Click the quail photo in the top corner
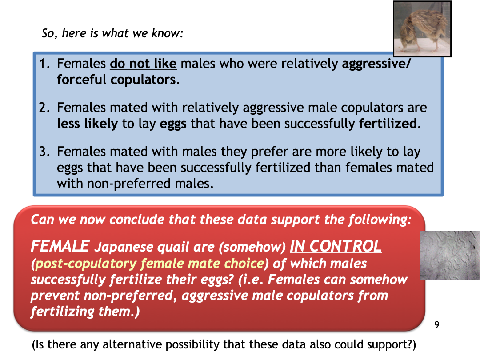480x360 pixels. tap(422, 29)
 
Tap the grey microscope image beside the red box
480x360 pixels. tap(450, 255)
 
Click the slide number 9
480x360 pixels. tap(437, 324)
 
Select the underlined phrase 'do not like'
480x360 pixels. tap(143, 64)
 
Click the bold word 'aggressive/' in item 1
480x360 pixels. tap(376, 64)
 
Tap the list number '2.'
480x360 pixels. tap(45, 108)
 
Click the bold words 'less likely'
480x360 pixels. tap(88, 124)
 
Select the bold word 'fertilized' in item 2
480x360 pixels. tap(388, 124)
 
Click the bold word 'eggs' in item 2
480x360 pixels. tap(173, 125)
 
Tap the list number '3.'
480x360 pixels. tap(45, 152)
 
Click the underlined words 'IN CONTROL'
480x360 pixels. tap(336, 246)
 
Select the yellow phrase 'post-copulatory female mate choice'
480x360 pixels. tap(150, 264)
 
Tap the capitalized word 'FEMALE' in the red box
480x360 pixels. tap(60, 246)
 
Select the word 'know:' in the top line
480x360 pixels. tap(168, 33)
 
